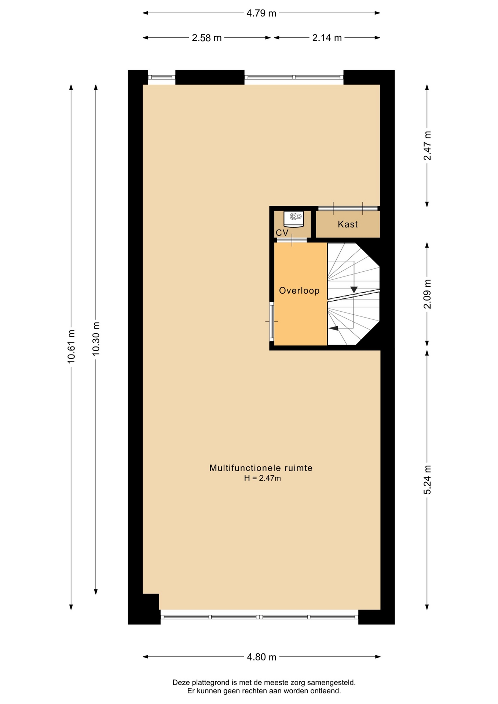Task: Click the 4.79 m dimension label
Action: [x=261, y=13]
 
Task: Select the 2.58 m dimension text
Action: [x=206, y=38]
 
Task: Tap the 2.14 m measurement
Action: [x=327, y=38]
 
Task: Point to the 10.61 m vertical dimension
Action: [x=71, y=346]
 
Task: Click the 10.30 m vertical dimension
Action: [x=96, y=339]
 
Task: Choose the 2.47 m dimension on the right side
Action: [x=427, y=146]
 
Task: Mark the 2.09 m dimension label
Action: [x=427, y=294]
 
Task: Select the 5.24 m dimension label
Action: [x=427, y=480]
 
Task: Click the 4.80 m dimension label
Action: [x=261, y=657]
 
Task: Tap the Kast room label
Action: [x=348, y=224]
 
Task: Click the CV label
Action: [x=282, y=232]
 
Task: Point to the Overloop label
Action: [x=299, y=290]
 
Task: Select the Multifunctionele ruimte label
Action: [x=261, y=468]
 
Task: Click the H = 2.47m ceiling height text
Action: [x=263, y=478]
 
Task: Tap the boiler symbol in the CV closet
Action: [x=294, y=219]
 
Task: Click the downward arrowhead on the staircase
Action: [x=354, y=289]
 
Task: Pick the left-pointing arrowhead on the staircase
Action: [x=333, y=328]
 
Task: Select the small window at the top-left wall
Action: [x=162, y=77]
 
